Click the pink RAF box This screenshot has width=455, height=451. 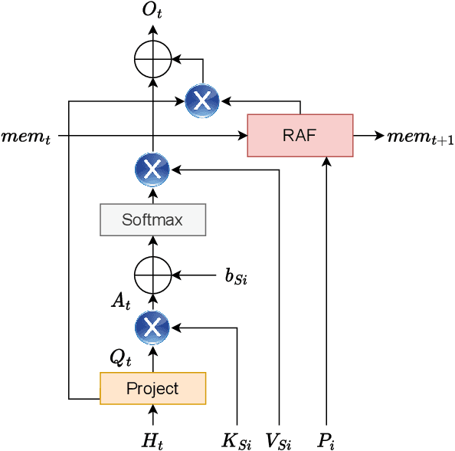[x=300, y=136]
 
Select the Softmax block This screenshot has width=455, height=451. [x=152, y=220]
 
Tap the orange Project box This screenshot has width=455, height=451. [x=152, y=388]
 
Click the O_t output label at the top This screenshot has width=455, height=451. [x=152, y=10]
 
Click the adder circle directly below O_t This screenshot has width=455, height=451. [x=152, y=58]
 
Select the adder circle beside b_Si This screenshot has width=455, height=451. [x=152, y=274]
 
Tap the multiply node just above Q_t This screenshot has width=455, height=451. [x=152, y=328]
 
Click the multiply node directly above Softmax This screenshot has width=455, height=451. [x=152, y=170]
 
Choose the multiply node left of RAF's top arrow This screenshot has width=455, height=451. [x=202, y=100]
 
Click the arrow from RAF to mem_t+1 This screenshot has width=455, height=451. [x=368, y=136]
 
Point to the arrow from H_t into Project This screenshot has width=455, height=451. [x=152, y=415]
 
